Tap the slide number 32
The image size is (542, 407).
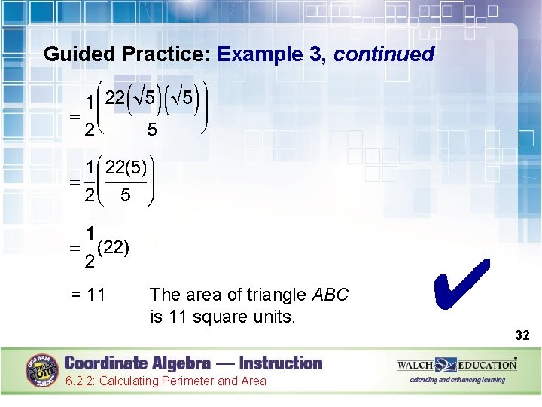click(x=522, y=335)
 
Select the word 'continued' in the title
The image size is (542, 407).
click(x=384, y=54)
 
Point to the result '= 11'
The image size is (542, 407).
click(x=87, y=294)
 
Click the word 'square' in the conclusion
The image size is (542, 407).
click(x=218, y=316)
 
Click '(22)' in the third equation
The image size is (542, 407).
click(x=113, y=246)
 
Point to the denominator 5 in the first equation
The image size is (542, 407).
click(x=152, y=130)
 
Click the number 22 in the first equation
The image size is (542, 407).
click(x=115, y=97)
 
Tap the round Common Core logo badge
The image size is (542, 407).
click(x=44, y=370)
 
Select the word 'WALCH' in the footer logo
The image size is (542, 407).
click(x=416, y=365)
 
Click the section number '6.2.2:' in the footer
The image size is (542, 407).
click(x=79, y=381)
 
